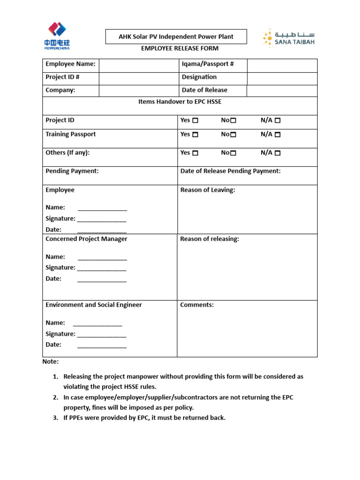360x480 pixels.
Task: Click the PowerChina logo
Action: (57, 36)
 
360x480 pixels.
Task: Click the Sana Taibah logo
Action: (288, 38)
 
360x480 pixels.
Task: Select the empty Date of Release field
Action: (282, 90)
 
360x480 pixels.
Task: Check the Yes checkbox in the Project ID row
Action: (195, 120)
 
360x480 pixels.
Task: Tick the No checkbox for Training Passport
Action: (233, 135)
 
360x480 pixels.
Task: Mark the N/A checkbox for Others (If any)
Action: (277, 153)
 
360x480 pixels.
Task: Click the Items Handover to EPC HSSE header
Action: (180, 102)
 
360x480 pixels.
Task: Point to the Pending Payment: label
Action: (72, 171)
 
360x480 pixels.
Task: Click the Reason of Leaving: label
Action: (208, 190)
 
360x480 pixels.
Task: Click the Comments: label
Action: (197, 305)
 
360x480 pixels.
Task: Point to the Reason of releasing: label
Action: (210, 239)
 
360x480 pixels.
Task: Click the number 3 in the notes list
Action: (55, 418)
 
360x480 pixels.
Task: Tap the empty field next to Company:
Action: (138, 90)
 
